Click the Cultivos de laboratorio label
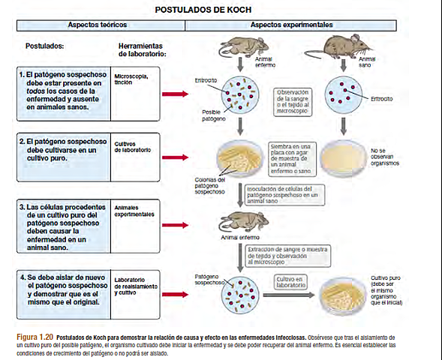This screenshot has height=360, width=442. (x=133, y=145)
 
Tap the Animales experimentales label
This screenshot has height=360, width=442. (x=134, y=211)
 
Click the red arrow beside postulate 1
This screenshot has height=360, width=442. (x=174, y=94)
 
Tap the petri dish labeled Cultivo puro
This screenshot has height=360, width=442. (x=342, y=293)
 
